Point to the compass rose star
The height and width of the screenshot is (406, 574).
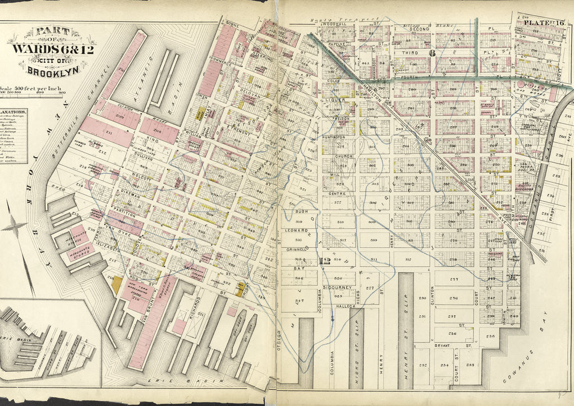coord(15,227)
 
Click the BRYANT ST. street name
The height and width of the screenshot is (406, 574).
coord(448,346)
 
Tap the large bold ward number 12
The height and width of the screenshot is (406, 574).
coord(324,260)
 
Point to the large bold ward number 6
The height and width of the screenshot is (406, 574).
coord(432,53)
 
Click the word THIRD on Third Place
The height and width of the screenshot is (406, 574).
coord(409,52)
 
